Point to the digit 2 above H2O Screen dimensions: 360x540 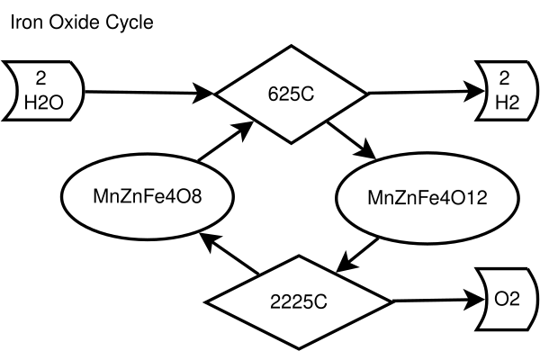point(40,77)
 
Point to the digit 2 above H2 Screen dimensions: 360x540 point(504,77)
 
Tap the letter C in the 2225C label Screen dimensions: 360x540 point(321,301)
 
